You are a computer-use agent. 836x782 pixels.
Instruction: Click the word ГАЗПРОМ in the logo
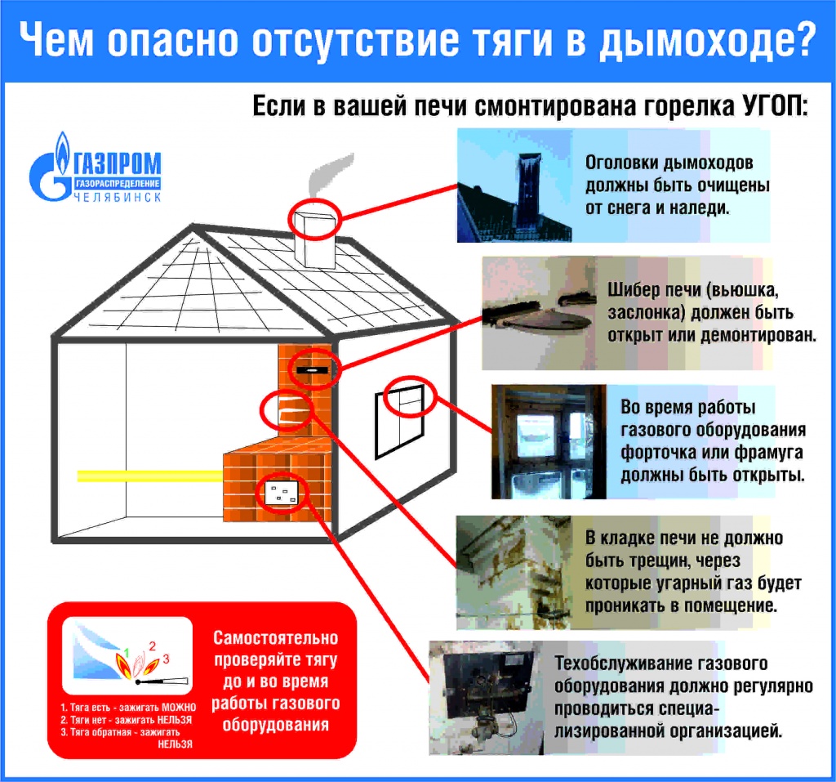[x=117, y=163]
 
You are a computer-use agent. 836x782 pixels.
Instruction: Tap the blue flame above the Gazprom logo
[x=63, y=150]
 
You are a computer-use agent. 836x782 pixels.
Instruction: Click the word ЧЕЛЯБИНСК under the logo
[x=117, y=197]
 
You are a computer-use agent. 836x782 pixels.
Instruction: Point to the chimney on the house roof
[x=315, y=240]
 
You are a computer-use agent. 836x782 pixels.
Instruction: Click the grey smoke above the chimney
[x=331, y=177]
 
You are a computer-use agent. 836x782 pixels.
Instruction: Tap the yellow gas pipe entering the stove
[x=150, y=476]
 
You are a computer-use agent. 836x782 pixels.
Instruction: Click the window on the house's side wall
[x=399, y=421]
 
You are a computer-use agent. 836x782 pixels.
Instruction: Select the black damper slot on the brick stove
[x=312, y=369]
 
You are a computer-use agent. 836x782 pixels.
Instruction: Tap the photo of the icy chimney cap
[x=515, y=185]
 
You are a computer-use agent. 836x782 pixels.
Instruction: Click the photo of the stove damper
[x=539, y=313]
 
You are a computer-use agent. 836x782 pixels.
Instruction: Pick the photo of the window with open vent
[x=549, y=442]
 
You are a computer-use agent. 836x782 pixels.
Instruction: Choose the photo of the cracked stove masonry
[x=514, y=572]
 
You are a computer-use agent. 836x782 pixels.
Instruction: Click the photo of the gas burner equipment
[x=486, y=697]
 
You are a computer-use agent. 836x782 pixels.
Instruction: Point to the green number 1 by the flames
[x=127, y=652]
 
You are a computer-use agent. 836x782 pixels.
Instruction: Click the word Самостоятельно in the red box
[x=276, y=638]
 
